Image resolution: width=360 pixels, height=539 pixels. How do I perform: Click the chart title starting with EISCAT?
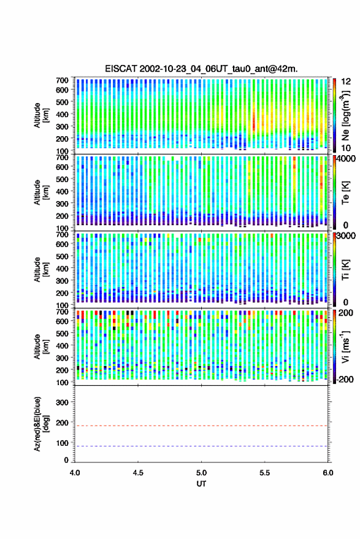click(x=202, y=69)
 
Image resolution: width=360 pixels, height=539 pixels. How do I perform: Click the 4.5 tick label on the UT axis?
click(x=138, y=473)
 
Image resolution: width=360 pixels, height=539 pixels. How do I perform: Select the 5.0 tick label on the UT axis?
click(x=202, y=473)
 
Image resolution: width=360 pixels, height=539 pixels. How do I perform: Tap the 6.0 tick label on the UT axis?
click(x=328, y=473)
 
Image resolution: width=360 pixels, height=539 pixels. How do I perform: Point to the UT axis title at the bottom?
click(x=201, y=484)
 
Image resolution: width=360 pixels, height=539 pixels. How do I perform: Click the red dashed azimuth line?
click(x=201, y=426)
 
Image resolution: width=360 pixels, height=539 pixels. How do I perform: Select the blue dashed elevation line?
click(x=201, y=446)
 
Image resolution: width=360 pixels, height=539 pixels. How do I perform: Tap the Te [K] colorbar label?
click(x=345, y=193)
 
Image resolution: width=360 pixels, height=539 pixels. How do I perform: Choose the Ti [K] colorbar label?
click(x=345, y=270)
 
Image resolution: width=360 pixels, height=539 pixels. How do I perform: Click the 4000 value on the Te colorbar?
click(x=347, y=159)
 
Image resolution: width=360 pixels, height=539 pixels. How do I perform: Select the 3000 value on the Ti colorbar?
click(x=347, y=236)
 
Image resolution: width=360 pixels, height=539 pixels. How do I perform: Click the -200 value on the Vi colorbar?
click(x=345, y=380)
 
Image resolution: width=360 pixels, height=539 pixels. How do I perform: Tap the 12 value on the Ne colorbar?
click(x=347, y=82)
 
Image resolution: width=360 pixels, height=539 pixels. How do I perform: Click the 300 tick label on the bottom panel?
click(x=62, y=402)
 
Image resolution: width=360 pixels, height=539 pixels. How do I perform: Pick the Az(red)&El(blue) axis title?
click(x=41, y=424)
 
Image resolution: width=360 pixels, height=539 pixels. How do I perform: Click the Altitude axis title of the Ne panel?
click(x=41, y=115)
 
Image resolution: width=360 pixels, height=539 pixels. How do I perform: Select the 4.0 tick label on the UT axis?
click(x=75, y=473)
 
